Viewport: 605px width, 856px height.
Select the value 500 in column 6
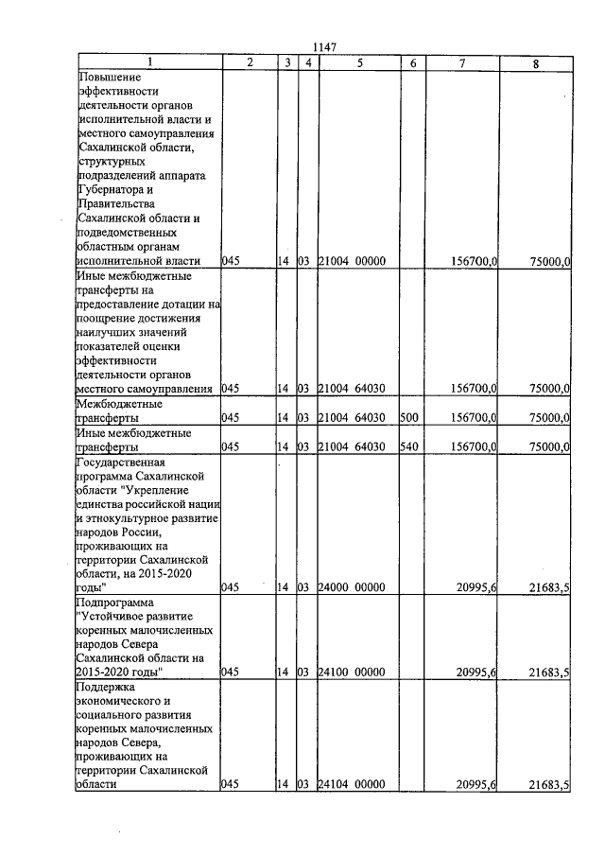409,417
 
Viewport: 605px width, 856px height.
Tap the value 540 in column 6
409,446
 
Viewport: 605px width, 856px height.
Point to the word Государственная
122,463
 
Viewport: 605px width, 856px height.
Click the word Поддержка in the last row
108,687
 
